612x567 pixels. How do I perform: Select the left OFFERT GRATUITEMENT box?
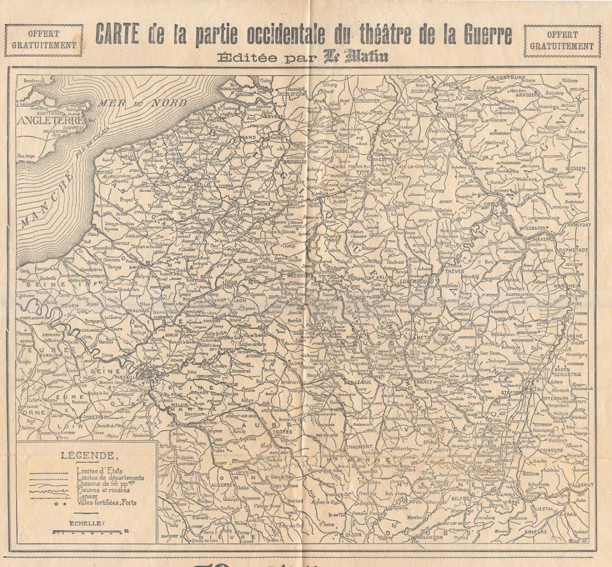[40, 40]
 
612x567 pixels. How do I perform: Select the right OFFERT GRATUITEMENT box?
[562, 40]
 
